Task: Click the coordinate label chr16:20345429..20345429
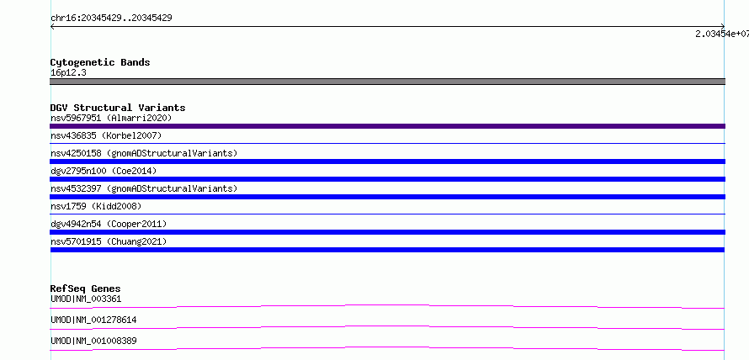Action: pyautogui.click(x=111, y=19)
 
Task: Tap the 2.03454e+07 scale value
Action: pyautogui.click(x=722, y=34)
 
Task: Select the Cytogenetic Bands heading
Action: pyautogui.click(x=100, y=62)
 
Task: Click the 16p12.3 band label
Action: pyautogui.click(x=68, y=73)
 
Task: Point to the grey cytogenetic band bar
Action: pyautogui.click(x=387, y=82)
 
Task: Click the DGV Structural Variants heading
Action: pyautogui.click(x=118, y=108)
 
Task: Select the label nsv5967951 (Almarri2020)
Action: pyautogui.click(x=111, y=118)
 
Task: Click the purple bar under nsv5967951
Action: pyautogui.click(x=387, y=126)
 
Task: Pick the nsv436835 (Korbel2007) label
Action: pyautogui.click(x=106, y=136)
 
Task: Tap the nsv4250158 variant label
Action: pyautogui.click(x=144, y=153)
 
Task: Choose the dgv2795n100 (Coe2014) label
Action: pyautogui.click(x=104, y=171)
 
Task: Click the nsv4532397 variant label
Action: pyautogui.click(x=144, y=188)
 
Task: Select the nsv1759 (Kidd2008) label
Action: pyautogui.click(x=96, y=206)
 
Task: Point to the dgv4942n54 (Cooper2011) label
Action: pyautogui.click(x=109, y=224)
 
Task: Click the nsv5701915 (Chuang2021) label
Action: pyautogui.click(x=109, y=241)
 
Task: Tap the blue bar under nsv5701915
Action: pyautogui.click(x=387, y=250)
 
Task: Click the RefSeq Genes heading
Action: pyautogui.click(x=86, y=289)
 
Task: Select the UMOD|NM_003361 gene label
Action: pyautogui.click(x=86, y=299)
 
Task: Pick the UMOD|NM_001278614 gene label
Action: pyautogui.click(x=93, y=320)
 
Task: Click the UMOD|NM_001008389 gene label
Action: pyautogui.click(x=93, y=341)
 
